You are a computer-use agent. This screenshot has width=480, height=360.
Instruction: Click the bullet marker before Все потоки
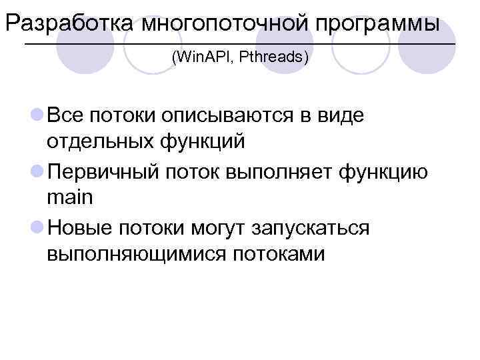37,115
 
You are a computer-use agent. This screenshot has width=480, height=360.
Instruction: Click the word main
71,198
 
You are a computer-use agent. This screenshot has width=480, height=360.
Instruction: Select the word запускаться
310,229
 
